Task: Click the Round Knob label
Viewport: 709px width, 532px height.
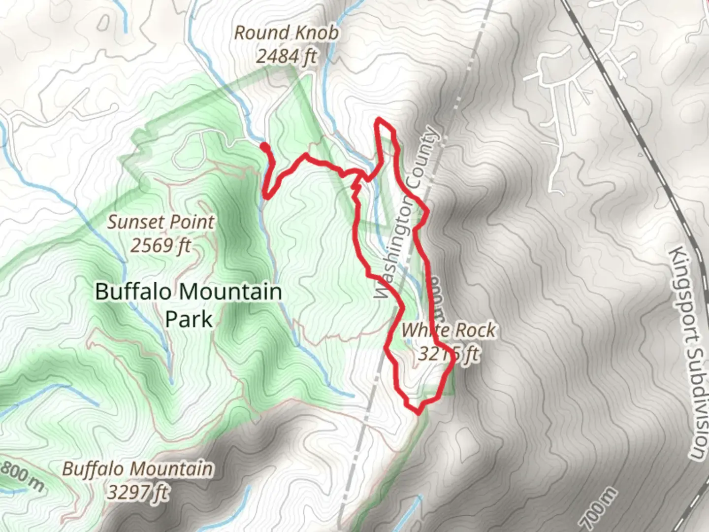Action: [x=286, y=33]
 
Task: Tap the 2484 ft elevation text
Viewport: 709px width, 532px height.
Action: [x=286, y=57]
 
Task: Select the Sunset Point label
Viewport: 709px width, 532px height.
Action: [x=161, y=222]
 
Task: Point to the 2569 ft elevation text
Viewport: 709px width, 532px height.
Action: [x=161, y=245]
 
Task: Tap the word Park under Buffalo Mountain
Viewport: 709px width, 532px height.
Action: [x=189, y=319]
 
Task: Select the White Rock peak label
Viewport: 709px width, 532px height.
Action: [x=449, y=330]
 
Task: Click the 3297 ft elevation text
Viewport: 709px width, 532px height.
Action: [x=138, y=491]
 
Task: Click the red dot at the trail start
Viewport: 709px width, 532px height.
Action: [x=264, y=146]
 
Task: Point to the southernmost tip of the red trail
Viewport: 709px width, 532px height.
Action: [x=419, y=410]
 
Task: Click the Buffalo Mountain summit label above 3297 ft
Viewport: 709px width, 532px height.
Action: [x=138, y=468]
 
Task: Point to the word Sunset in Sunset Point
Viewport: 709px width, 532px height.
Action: [x=133, y=222]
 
